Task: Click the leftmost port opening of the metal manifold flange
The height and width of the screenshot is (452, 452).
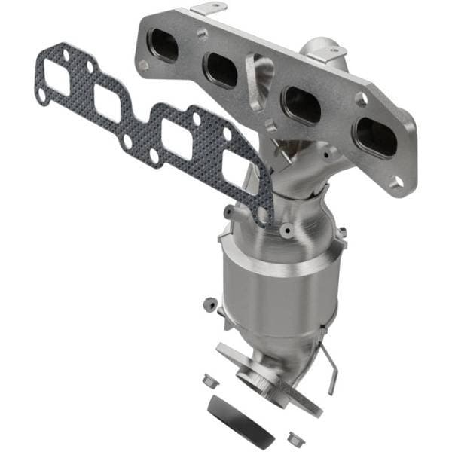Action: click(x=163, y=45)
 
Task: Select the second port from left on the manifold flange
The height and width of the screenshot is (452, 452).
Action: click(x=222, y=70)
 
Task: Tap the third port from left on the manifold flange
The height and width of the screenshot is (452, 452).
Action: click(x=301, y=105)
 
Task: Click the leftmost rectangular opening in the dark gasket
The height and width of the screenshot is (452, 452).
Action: click(x=57, y=78)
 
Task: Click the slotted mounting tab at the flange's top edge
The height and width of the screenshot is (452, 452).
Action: click(x=209, y=9)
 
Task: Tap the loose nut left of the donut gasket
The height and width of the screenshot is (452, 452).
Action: click(x=212, y=379)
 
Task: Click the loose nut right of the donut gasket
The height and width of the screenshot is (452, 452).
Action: click(x=293, y=435)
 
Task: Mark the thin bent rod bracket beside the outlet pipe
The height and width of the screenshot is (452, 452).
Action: click(x=329, y=369)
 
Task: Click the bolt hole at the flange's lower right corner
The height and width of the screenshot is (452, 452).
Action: click(x=397, y=182)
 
